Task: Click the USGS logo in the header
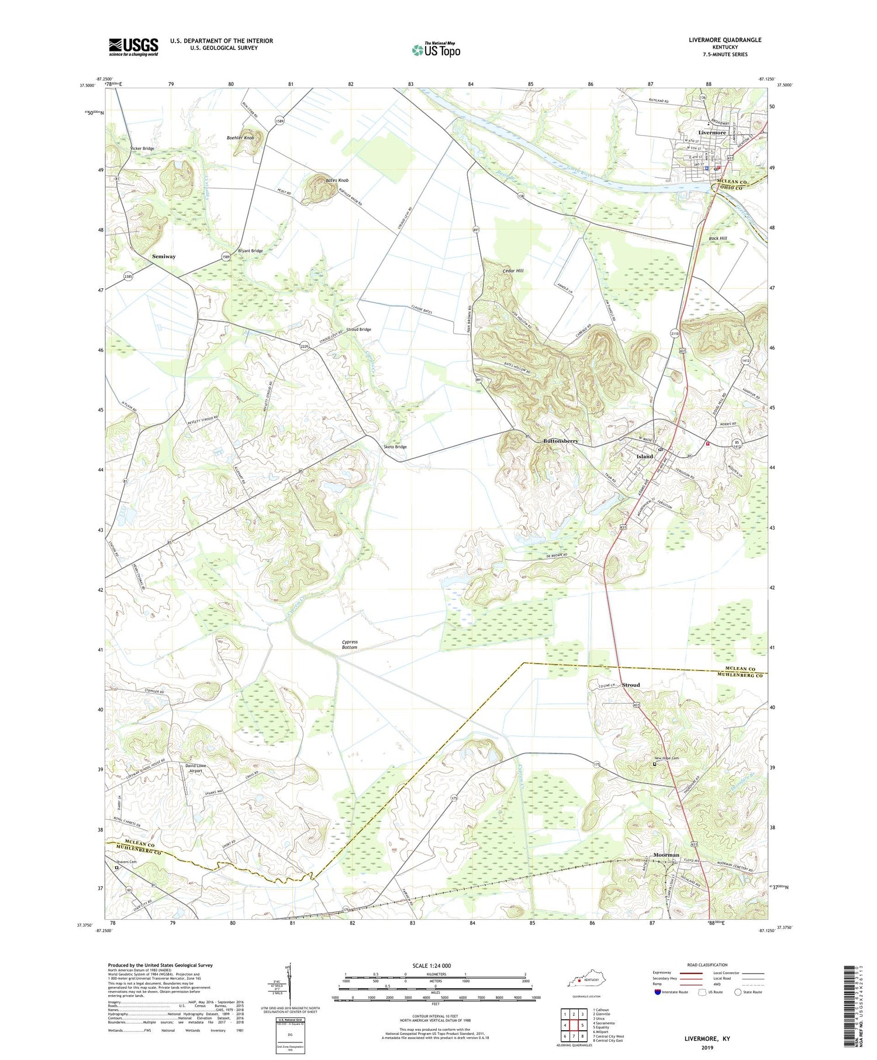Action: (x=133, y=47)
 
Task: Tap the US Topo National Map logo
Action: (x=436, y=50)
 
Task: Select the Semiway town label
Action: (x=164, y=256)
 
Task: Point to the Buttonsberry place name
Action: (x=560, y=441)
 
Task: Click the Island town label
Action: (x=644, y=456)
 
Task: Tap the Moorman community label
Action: (x=666, y=855)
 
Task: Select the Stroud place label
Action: (x=630, y=685)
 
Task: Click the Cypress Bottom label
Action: (x=350, y=644)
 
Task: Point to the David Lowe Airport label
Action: (x=195, y=768)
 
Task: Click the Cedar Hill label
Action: (x=513, y=271)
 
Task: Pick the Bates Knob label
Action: (x=337, y=181)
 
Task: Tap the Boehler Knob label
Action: (x=240, y=137)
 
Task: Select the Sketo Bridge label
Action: (x=395, y=447)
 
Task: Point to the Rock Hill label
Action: (x=717, y=239)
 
